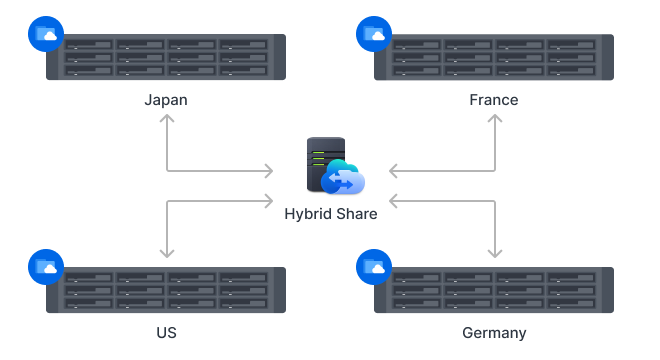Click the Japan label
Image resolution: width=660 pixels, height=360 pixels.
point(165,100)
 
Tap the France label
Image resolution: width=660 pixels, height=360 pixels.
point(494,100)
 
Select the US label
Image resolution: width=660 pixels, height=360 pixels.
point(166,332)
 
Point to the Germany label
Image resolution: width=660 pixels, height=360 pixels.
point(494,332)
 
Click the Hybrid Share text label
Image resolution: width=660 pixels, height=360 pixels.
point(331,214)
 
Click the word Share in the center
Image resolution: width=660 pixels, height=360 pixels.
point(356,214)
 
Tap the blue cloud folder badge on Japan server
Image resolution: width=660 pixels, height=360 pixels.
point(46,35)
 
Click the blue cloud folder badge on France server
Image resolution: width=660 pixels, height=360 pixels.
point(373,35)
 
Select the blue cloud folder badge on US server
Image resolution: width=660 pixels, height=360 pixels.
point(46,267)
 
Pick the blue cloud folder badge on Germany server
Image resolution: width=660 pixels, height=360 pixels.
point(373,267)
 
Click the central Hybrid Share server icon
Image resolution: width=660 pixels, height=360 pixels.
point(334,167)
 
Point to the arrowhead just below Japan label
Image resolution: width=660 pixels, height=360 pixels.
point(166,120)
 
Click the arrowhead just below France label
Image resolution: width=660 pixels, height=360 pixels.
point(495,120)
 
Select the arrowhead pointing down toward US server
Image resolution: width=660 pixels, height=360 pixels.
point(166,254)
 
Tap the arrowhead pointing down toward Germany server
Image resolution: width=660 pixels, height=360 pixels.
point(495,254)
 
